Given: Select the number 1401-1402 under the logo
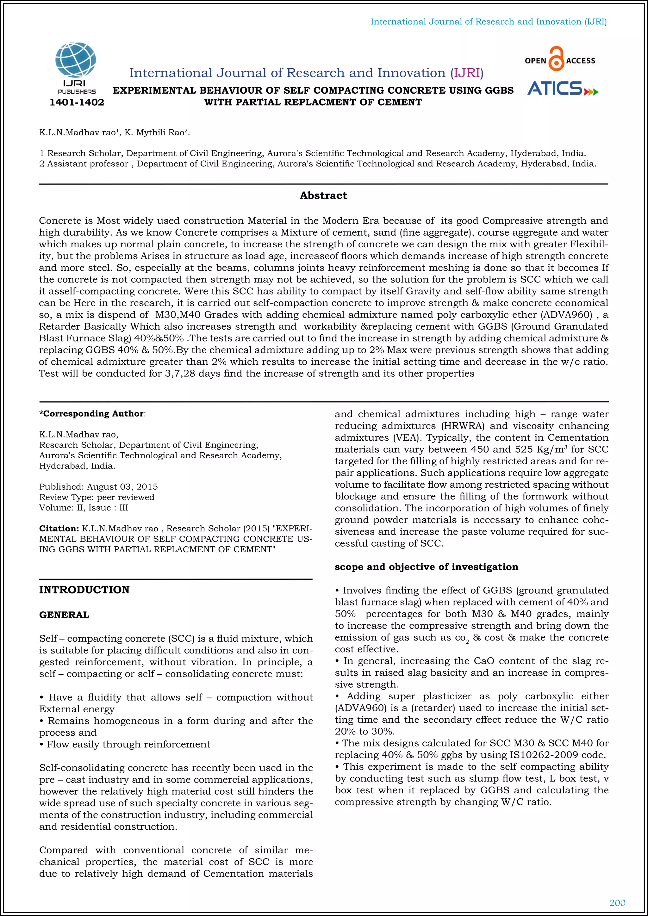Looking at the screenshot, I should click(x=77, y=102).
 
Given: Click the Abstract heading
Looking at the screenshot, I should click(x=323, y=195).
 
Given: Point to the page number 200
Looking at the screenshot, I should click(x=617, y=903).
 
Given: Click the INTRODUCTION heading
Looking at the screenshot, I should click(x=84, y=590).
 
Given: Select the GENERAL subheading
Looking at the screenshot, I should click(x=64, y=615).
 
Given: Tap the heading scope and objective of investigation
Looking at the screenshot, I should click(x=426, y=567).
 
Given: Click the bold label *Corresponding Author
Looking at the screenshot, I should click(x=92, y=414).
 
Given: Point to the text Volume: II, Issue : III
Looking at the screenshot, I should click(x=84, y=508).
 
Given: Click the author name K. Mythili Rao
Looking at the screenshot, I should click(x=154, y=133).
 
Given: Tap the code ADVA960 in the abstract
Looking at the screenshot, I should click(x=564, y=315).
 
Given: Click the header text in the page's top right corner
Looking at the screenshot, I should click(x=489, y=22).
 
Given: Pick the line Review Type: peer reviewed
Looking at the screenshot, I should click(x=97, y=497).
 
